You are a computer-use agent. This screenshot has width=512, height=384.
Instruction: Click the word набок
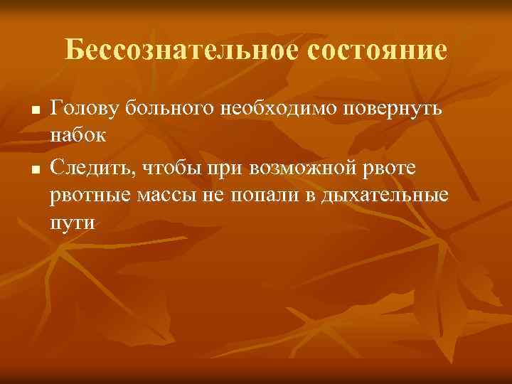[x=77, y=135]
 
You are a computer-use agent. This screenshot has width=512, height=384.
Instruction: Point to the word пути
[x=72, y=222]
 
